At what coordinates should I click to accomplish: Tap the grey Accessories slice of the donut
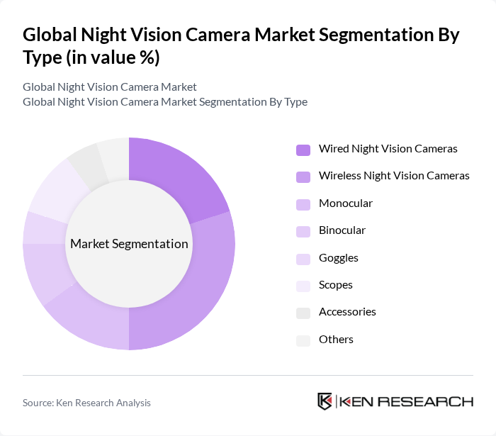coord(84,162)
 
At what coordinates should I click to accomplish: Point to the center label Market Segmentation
coord(129,244)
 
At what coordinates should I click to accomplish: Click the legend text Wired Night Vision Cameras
coord(388,149)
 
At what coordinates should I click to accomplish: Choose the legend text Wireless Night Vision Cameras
coord(393,176)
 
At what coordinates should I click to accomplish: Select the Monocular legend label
coord(345,203)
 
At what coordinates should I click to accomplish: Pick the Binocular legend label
coord(342,230)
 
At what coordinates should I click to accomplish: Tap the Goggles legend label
coord(338,258)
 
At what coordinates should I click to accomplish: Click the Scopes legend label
coord(335,285)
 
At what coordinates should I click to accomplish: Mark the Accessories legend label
coord(347,312)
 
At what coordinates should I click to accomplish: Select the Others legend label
coord(335,340)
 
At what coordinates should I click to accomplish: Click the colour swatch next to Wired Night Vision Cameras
coord(303,150)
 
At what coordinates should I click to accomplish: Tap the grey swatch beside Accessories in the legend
coord(303,313)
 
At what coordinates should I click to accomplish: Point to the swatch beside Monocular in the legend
coord(303,204)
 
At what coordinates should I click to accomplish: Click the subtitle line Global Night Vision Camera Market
coord(109,87)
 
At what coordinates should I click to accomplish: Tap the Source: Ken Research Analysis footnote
coord(86,403)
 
